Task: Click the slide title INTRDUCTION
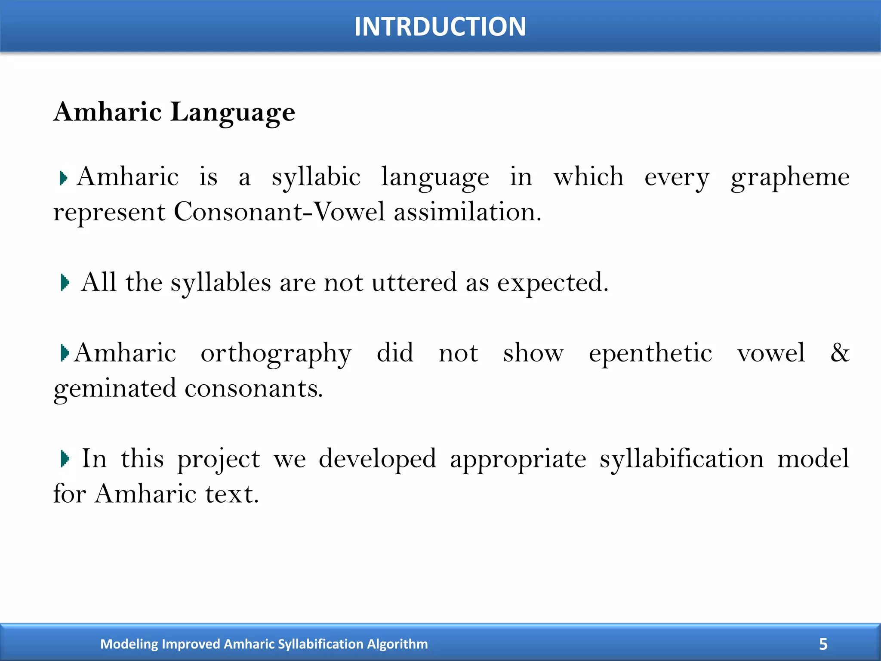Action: pos(440,27)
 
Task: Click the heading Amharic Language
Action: pos(174,112)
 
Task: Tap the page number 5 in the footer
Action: pos(823,644)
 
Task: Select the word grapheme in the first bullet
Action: pos(790,177)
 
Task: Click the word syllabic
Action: pos(316,177)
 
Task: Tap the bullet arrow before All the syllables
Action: pos(65,283)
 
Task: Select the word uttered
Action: pos(414,283)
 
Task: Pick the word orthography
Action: pos(276,354)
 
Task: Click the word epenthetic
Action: pos(650,354)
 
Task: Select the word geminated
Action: pos(115,389)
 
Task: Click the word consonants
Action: pos(253,389)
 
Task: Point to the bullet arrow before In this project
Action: pos(65,459)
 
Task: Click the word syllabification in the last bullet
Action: pos(681,459)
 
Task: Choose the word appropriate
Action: pos(518,460)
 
